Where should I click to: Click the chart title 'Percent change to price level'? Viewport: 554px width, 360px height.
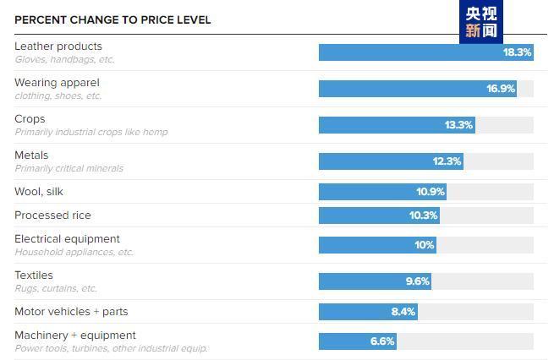point(112,19)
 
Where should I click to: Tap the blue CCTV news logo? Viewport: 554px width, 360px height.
point(481,21)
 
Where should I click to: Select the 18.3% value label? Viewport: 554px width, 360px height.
point(517,52)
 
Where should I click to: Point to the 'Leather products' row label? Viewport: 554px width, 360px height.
point(58,46)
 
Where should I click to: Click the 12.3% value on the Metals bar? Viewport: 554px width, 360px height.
point(447,161)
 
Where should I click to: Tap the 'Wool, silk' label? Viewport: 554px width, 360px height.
point(39,192)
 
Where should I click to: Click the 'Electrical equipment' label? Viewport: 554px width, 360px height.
point(67,239)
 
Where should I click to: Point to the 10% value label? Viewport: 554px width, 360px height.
point(424,245)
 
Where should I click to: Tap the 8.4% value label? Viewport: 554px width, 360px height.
point(403,312)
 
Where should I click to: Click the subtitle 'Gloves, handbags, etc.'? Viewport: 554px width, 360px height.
point(64,60)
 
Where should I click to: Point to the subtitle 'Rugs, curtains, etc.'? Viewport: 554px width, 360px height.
point(56,289)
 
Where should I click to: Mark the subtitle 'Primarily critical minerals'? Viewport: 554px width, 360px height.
point(69,168)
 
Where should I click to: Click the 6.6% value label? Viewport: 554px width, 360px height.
point(382,341)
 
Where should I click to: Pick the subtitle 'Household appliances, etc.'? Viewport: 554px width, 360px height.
point(74,252)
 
